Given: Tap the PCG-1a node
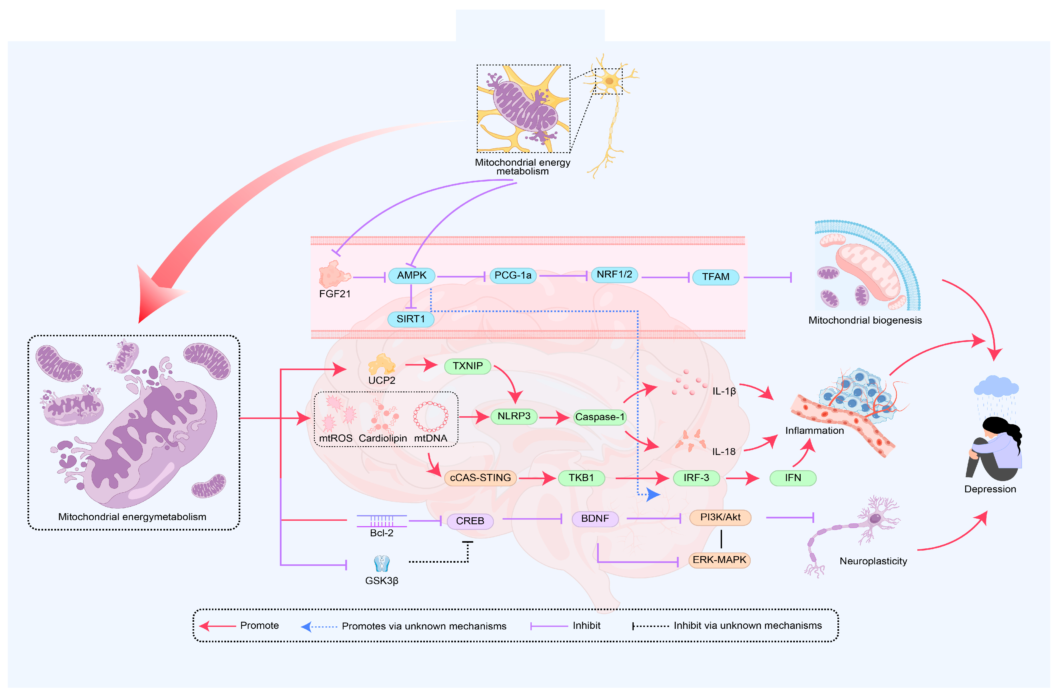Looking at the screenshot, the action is point(513,276).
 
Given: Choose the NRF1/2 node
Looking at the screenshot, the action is point(614,275).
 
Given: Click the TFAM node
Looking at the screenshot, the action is point(715,277).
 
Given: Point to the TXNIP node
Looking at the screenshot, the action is point(468,366).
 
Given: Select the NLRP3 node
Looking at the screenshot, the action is point(514,416).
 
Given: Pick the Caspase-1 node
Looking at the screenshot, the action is point(600,417).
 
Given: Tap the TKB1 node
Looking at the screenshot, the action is point(581,478).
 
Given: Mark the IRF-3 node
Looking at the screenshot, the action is point(696,478).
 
